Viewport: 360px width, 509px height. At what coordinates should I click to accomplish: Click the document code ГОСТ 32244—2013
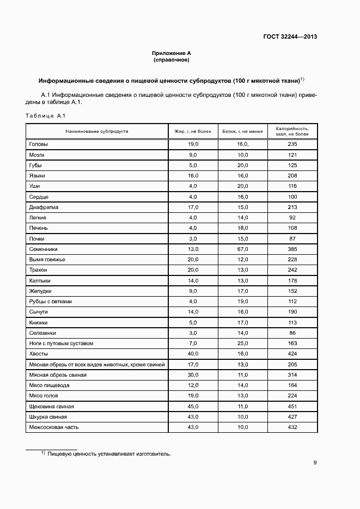point(290,37)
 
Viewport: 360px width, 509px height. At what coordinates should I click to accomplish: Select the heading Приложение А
point(172,53)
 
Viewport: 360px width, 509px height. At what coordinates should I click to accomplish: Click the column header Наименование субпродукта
point(97,131)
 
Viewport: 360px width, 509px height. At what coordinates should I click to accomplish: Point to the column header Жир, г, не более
point(193,131)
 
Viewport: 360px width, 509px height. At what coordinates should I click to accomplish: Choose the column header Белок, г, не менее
point(242,131)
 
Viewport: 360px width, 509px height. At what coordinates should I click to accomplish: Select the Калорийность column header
point(292,131)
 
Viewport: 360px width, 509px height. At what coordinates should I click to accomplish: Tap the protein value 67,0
point(242,249)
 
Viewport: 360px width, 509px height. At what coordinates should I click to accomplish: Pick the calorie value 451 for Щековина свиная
point(292,406)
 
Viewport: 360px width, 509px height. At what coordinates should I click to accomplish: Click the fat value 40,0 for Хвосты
point(193,354)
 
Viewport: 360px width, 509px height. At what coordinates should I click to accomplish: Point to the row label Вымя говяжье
point(47,259)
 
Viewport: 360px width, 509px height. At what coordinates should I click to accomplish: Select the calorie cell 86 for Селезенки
point(292,333)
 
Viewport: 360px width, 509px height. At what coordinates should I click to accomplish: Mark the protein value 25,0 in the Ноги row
point(242,344)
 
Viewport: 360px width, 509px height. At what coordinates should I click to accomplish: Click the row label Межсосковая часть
point(53,427)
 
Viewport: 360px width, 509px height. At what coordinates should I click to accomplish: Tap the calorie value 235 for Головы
point(292,144)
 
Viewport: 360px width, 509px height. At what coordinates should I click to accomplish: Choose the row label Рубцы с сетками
point(50,301)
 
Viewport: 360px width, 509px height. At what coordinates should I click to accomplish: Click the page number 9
point(315,463)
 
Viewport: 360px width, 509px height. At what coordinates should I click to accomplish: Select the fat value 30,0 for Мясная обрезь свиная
point(193,375)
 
